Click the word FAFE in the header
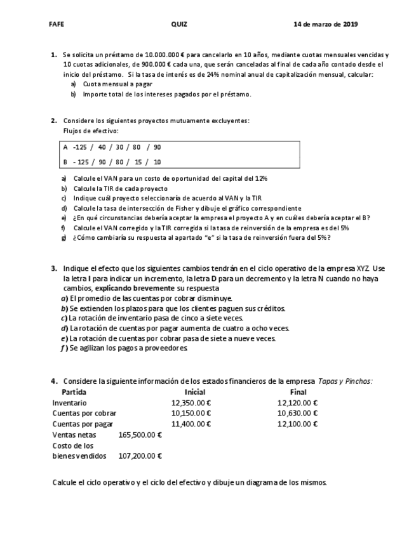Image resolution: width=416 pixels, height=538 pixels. (57, 24)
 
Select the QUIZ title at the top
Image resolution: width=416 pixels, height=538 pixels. (179, 24)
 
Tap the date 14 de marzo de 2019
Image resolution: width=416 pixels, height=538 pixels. (326, 24)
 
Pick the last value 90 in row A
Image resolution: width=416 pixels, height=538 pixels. (157, 147)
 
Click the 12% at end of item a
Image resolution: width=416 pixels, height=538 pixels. (261, 179)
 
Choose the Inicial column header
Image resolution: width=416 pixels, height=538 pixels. (194, 392)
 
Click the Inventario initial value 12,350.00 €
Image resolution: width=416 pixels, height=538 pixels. (191, 403)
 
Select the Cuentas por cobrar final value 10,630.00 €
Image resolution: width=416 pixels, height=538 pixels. (297, 413)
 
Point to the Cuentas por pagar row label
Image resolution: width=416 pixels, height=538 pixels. (83, 424)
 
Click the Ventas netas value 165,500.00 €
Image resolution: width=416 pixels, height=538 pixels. (140, 435)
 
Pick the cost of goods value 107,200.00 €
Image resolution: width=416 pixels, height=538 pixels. (140, 456)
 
